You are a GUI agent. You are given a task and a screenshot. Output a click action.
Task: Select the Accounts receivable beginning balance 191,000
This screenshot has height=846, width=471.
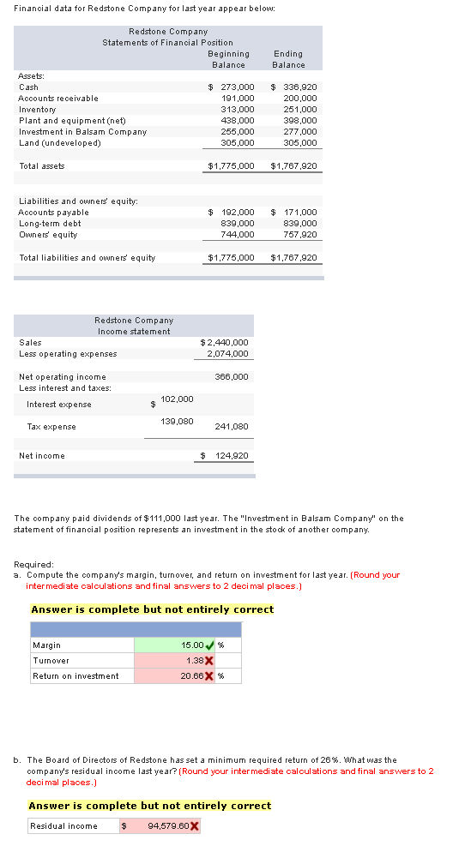click(238, 99)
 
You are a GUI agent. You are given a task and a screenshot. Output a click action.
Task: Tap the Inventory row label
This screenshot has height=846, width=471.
click(38, 110)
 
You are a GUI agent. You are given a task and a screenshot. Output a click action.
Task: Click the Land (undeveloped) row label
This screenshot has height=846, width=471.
click(59, 143)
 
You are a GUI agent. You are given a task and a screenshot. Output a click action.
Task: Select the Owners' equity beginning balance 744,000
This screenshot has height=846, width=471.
click(238, 234)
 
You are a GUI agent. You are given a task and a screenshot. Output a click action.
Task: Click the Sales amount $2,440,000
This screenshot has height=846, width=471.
click(224, 343)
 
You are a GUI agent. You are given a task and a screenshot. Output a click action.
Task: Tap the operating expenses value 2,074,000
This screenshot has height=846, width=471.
click(227, 354)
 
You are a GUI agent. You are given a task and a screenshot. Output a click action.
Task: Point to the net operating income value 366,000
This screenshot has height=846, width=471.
click(232, 376)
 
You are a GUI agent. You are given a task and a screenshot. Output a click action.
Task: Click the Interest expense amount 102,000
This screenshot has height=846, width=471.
click(177, 399)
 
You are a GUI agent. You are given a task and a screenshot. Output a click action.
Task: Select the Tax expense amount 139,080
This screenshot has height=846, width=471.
click(177, 421)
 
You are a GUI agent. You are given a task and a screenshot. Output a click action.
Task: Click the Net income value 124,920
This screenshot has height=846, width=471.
click(227, 456)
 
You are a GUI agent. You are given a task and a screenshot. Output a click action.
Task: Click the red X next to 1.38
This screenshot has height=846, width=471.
click(209, 661)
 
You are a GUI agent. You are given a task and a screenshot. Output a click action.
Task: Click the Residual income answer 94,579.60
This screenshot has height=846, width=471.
click(169, 826)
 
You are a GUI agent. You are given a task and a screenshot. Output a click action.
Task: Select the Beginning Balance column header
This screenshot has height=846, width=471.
click(228, 59)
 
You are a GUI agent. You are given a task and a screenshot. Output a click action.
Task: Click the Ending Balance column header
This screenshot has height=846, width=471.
click(288, 59)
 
